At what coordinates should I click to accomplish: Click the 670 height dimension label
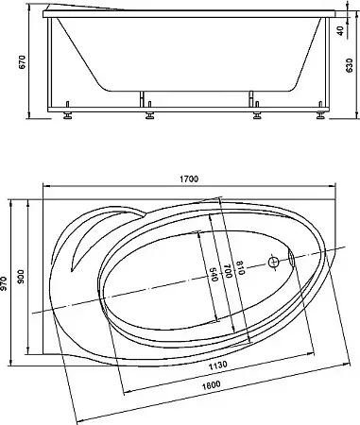point(23,61)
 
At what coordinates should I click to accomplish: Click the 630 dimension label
point(350,65)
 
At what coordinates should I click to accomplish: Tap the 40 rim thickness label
point(340,31)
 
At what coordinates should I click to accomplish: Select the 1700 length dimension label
point(189,179)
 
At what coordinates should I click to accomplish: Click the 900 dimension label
point(21,276)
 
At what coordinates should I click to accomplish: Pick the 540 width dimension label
point(214,275)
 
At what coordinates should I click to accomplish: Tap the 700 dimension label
point(228,271)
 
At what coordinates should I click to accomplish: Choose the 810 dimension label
point(240,268)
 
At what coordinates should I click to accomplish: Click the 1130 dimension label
point(217,365)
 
